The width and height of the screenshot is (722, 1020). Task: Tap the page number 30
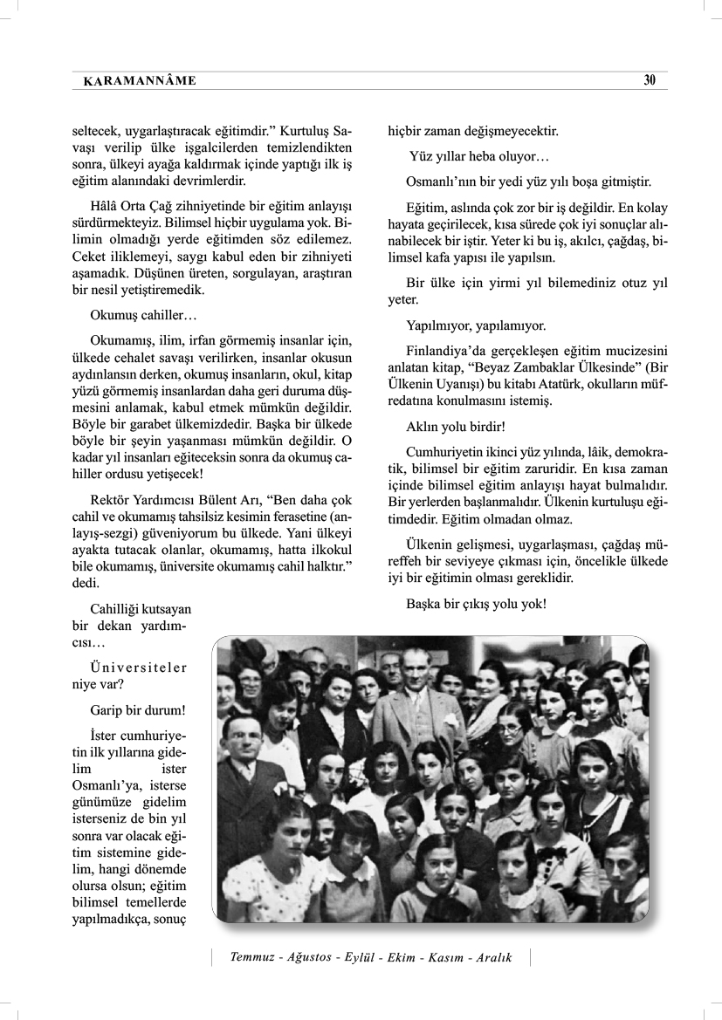650,80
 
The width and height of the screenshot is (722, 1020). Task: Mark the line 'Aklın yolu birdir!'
455,428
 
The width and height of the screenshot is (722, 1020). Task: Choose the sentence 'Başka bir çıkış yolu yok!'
476,603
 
